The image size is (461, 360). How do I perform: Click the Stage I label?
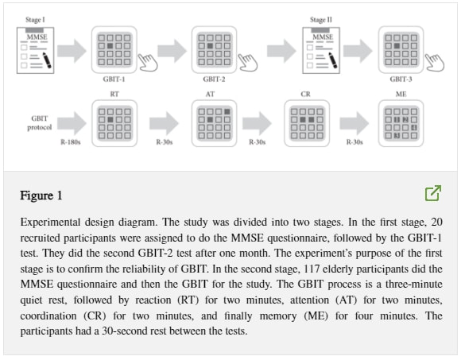click(35, 20)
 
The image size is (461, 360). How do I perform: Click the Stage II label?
click(321, 20)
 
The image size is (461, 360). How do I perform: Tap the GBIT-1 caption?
click(114, 79)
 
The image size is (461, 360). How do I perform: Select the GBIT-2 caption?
click(214, 79)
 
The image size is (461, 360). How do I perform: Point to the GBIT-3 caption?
click(401, 79)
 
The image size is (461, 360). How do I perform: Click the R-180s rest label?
click(71, 142)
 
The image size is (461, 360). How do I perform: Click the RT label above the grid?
click(114, 94)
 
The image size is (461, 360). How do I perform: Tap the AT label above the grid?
click(210, 94)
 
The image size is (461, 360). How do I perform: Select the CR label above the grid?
click(305, 94)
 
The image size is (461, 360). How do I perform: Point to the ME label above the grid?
click(401, 94)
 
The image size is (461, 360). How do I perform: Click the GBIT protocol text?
click(40, 123)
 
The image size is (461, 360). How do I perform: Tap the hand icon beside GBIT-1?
click(148, 62)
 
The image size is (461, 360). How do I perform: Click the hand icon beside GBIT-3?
click(435, 62)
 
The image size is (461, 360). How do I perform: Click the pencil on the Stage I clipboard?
click(47, 60)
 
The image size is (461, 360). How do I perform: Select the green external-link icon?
click(433, 193)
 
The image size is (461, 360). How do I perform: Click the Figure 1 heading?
click(41, 195)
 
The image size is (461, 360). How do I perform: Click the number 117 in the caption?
click(313, 269)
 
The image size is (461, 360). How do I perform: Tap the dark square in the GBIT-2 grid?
click(210, 46)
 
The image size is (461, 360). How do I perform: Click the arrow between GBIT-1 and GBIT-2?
click(172, 51)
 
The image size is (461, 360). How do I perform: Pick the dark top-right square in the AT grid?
click(227, 112)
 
